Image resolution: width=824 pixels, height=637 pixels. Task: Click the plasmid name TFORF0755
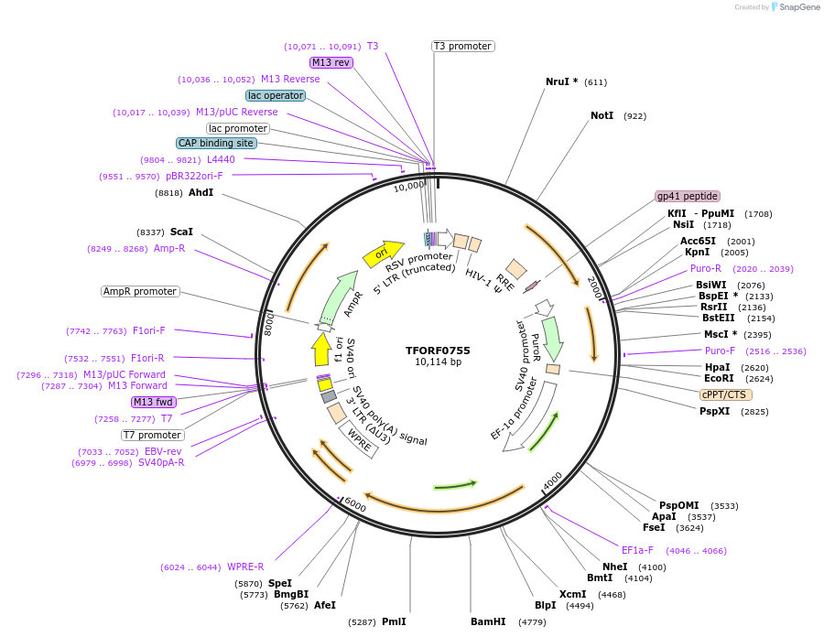click(438, 350)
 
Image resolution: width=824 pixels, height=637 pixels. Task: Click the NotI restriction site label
click(602, 116)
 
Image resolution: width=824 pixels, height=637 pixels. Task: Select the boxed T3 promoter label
click(462, 46)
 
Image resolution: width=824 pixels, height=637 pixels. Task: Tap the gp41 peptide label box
click(688, 196)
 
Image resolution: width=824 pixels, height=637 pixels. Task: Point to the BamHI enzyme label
click(488, 621)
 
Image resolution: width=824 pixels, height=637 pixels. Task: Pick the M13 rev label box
click(331, 62)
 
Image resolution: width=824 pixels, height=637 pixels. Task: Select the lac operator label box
click(275, 95)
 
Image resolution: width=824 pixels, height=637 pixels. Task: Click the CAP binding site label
click(216, 143)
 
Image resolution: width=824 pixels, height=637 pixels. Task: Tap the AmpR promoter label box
click(140, 291)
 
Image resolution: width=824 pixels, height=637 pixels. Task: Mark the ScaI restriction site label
click(181, 232)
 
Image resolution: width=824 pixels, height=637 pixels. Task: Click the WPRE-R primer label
click(245, 567)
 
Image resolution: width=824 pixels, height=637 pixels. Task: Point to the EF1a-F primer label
click(637, 550)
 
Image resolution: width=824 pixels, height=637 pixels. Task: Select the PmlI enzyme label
click(394, 621)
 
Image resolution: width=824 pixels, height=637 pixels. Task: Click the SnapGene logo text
click(798, 7)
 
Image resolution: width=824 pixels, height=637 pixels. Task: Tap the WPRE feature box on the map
click(358, 443)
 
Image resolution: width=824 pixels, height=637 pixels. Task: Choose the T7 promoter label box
click(152, 435)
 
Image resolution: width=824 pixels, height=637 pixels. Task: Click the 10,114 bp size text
click(438, 362)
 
